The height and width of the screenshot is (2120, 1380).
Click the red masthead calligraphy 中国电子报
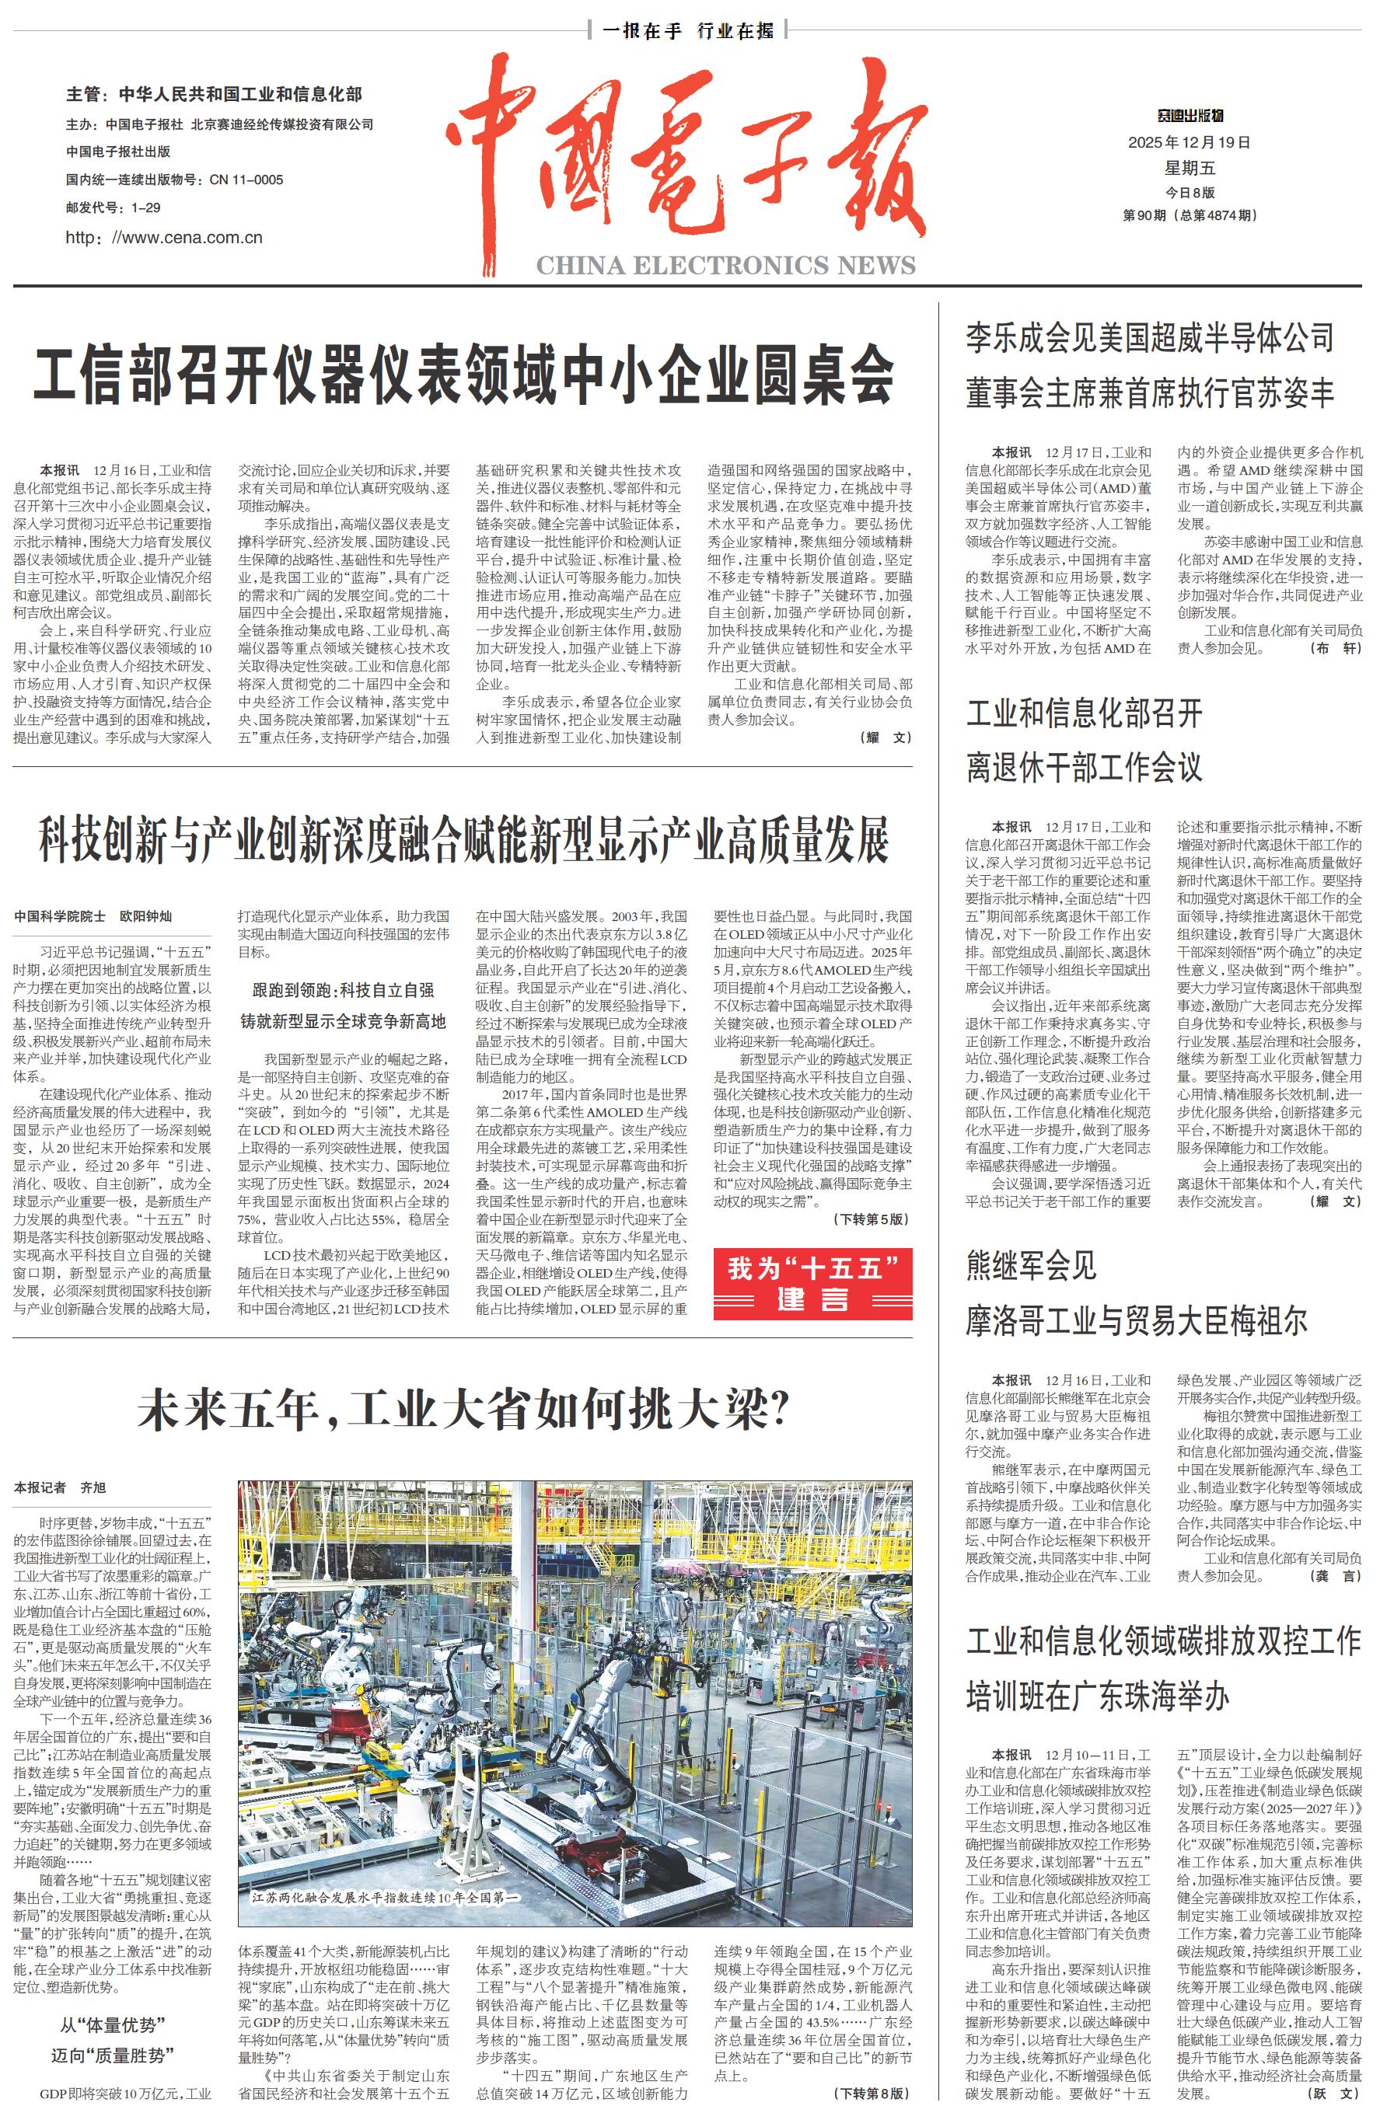[686, 156]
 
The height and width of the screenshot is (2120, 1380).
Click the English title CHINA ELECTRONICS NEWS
[725, 266]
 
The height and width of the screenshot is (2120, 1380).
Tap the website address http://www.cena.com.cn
[164, 237]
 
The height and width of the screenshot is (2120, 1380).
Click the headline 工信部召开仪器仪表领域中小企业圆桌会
[463, 374]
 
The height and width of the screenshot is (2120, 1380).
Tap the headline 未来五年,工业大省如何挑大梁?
[463, 1410]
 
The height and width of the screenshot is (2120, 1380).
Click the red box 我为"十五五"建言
[812, 1283]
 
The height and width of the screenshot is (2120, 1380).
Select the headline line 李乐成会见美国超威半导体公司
[1149, 339]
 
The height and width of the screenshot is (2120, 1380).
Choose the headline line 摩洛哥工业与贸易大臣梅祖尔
[1137, 1321]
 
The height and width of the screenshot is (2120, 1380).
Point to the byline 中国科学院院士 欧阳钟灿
[93, 915]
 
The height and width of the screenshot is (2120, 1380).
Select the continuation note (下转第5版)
[872, 1219]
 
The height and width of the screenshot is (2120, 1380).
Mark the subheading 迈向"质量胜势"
[112, 2055]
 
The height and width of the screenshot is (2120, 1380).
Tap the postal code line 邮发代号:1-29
[114, 207]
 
